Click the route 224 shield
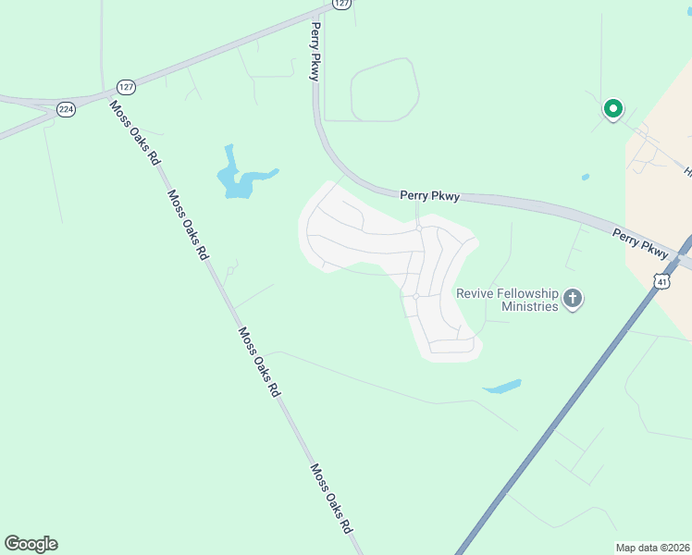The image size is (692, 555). click(x=66, y=109)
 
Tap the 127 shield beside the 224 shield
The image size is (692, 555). click(x=125, y=87)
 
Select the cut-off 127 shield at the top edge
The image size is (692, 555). click(x=342, y=4)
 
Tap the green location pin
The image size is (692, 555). click(x=612, y=109)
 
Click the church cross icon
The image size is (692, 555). click(x=573, y=299)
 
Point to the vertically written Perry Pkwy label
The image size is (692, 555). click(x=315, y=52)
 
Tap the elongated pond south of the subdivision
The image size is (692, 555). click(x=502, y=386)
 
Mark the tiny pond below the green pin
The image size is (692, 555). click(x=586, y=177)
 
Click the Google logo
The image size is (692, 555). click(x=31, y=544)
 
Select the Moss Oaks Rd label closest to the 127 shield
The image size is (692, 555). click(x=135, y=132)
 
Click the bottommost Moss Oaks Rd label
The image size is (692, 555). click(x=331, y=499)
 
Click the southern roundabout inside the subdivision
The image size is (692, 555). click(x=416, y=296)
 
